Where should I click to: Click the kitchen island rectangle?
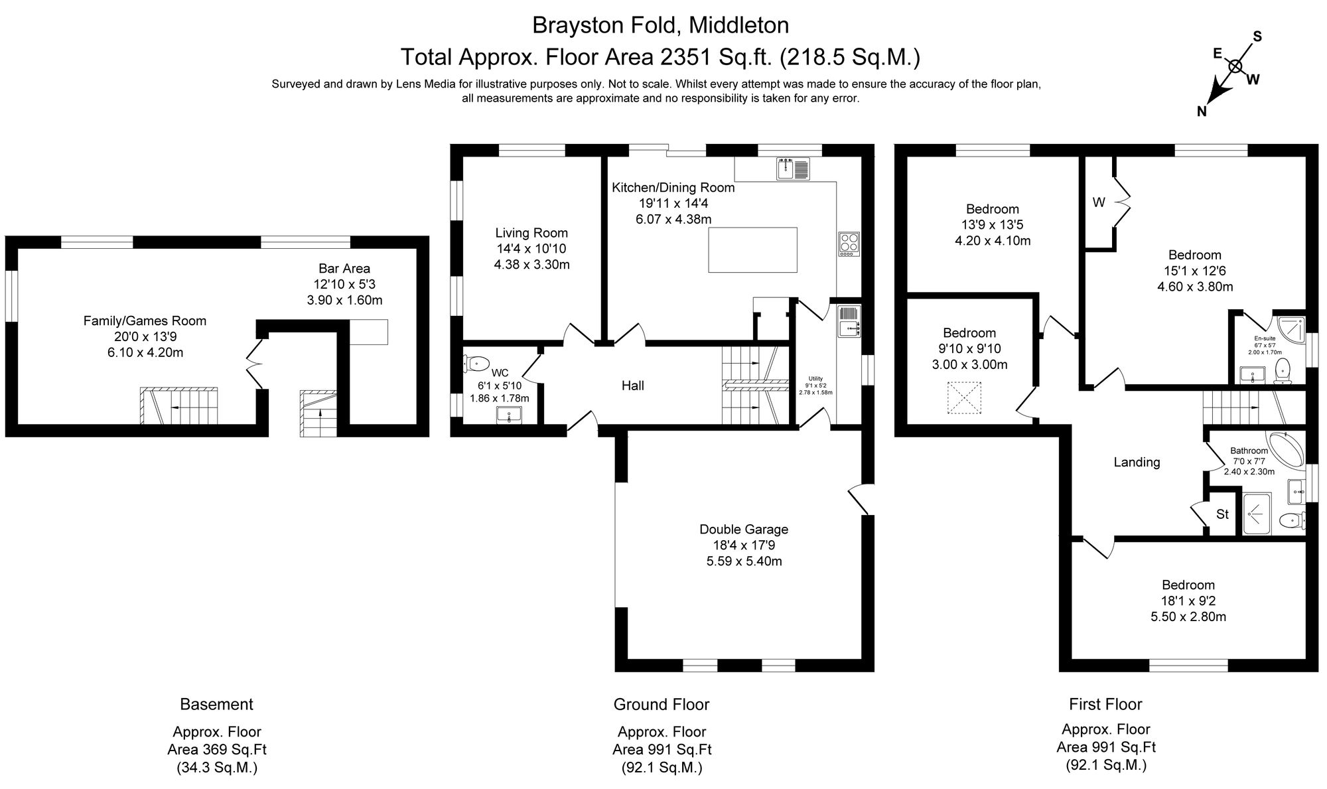point(752,250)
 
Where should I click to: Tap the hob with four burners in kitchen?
point(849,244)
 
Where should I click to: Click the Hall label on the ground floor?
point(632,386)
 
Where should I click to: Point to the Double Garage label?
point(744,530)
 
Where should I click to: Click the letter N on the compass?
point(1201,112)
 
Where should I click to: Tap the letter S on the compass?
point(1257,37)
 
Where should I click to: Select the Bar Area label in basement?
point(344,269)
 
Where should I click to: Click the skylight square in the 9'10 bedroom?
point(964,397)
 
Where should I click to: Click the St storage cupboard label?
point(1222,514)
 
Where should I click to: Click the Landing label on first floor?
point(1137,463)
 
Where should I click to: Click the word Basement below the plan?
point(216,704)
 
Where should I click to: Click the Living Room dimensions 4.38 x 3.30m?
point(531,265)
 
